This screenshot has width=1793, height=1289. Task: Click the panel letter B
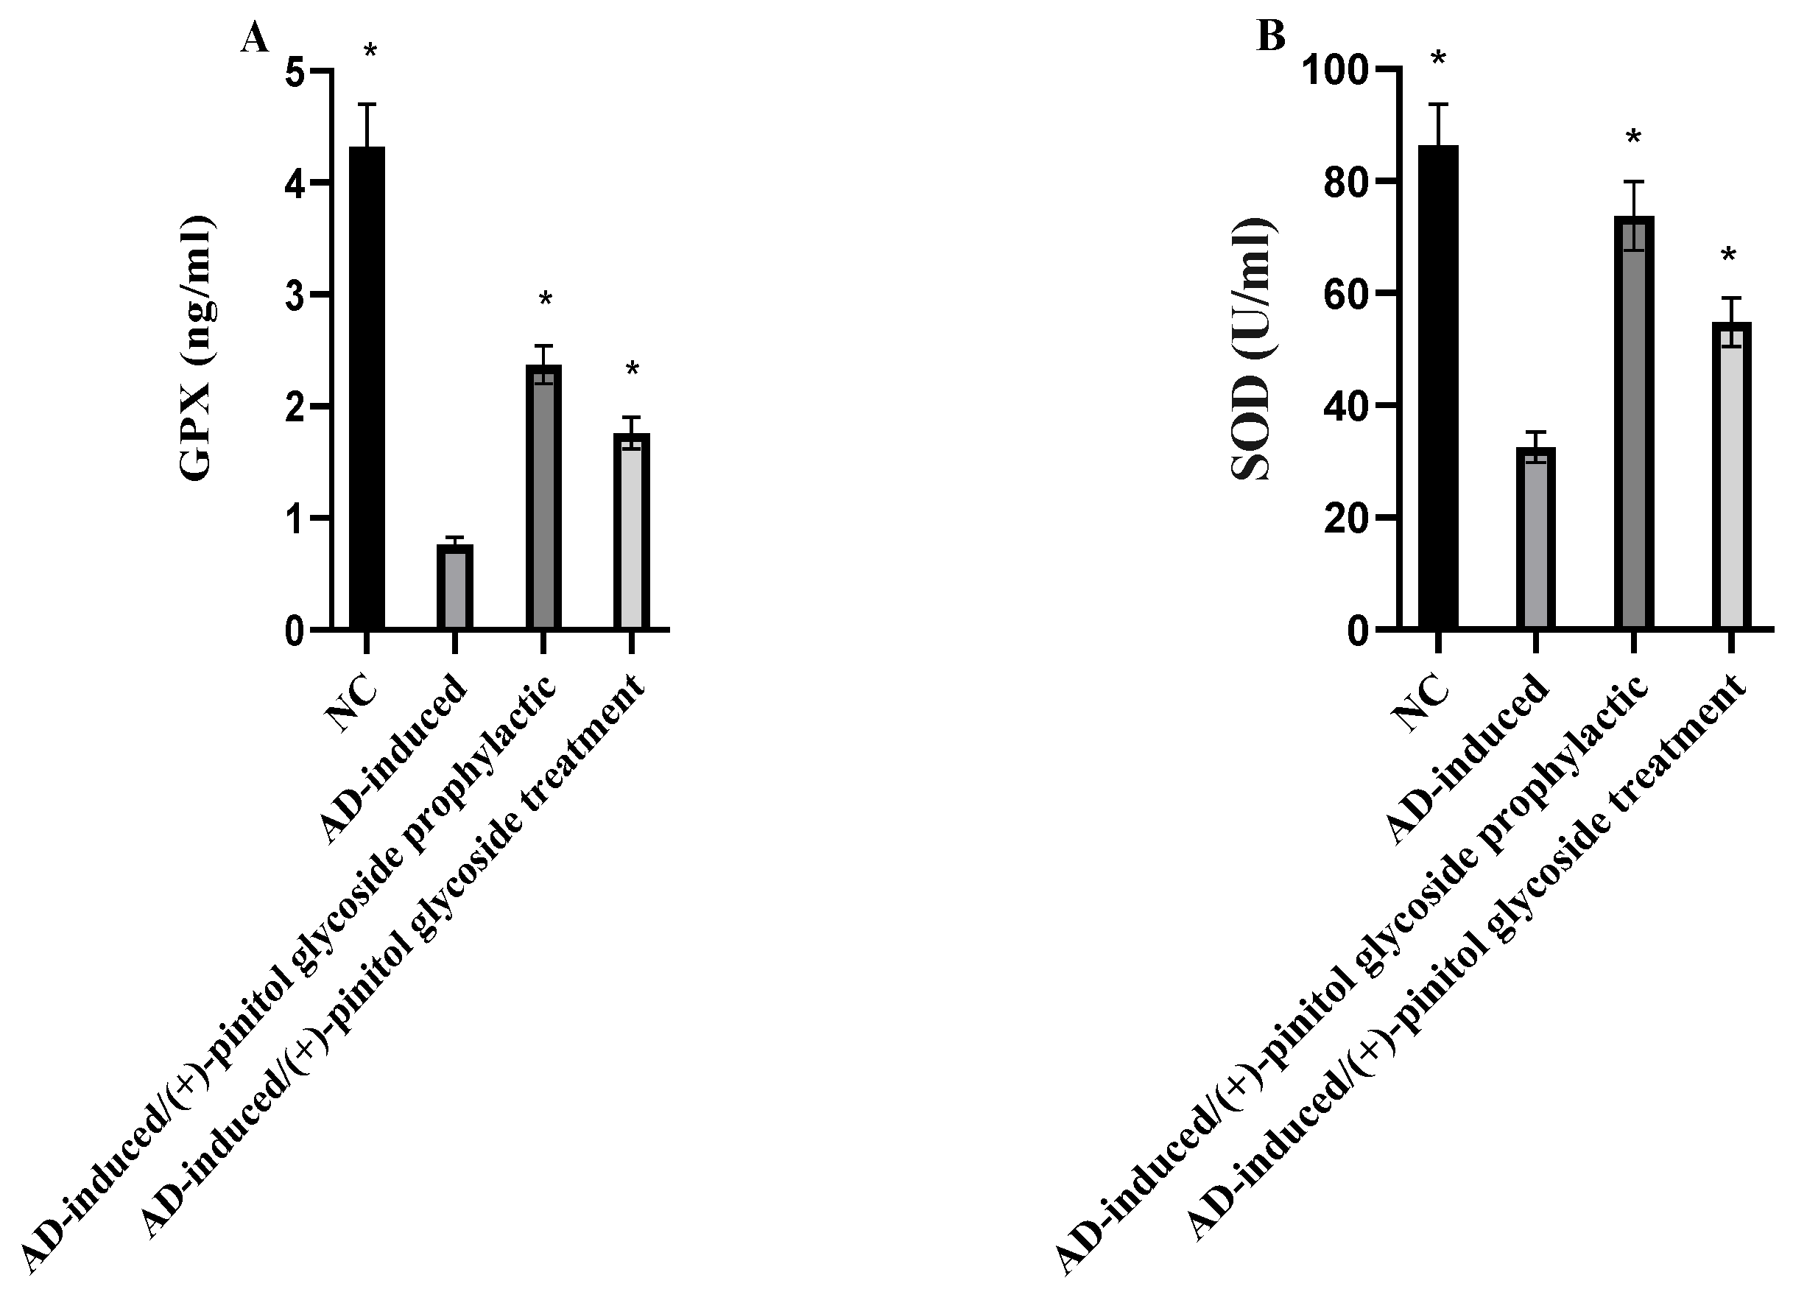[1271, 36]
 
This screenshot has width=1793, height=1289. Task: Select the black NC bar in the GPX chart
[367, 387]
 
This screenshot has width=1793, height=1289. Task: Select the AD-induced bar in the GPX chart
[454, 587]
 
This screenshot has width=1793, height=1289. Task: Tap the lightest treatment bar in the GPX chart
[632, 530]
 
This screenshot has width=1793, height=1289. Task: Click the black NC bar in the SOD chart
[1438, 387]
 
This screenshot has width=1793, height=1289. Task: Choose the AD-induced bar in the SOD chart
[1535, 538]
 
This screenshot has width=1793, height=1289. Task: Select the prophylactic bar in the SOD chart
[1633, 422]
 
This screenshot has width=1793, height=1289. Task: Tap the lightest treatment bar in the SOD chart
[1730, 475]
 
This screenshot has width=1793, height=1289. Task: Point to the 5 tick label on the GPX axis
[294, 71]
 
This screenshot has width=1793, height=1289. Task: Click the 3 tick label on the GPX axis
[294, 295]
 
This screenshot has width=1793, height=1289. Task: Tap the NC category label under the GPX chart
[352, 704]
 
